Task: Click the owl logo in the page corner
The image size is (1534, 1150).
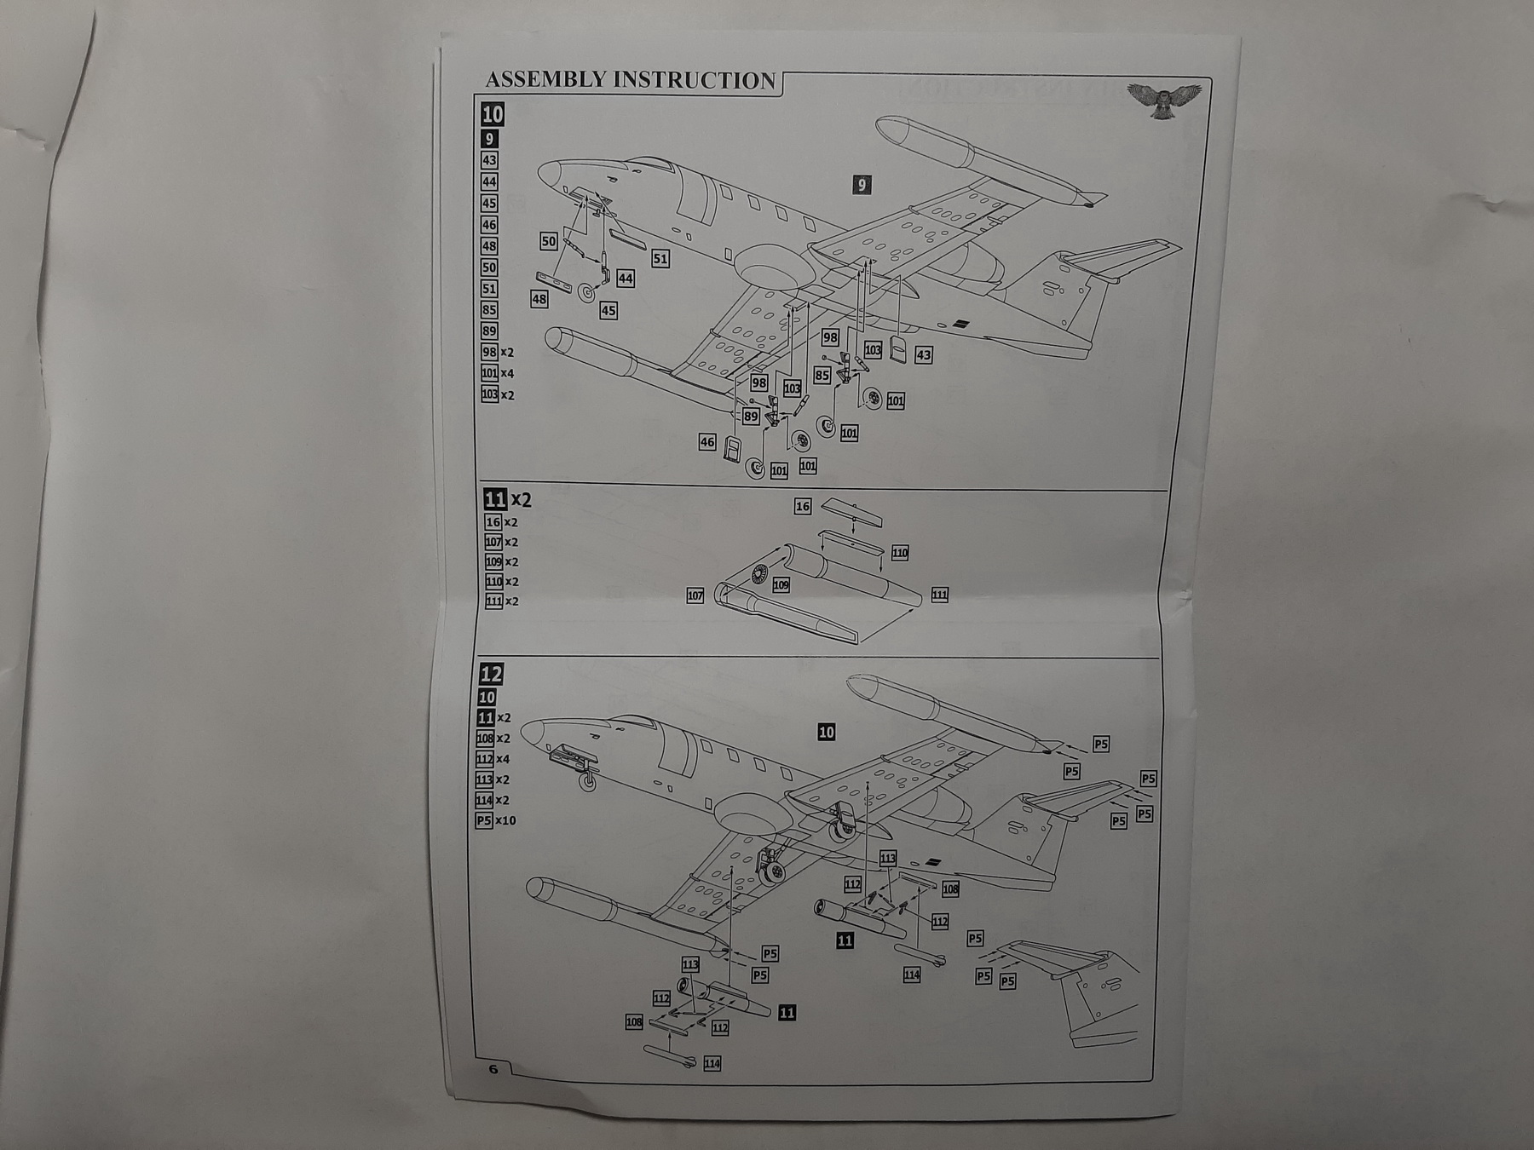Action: point(1163,100)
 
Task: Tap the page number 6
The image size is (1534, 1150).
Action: point(493,1069)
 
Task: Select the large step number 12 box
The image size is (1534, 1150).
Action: point(491,675)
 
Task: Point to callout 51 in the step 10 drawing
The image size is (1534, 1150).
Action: point(660,258)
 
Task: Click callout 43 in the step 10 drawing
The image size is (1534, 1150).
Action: point(923,354)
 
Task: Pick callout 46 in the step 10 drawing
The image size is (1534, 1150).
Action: point(706,441)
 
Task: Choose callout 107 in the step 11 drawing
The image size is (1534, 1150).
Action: point(695,595)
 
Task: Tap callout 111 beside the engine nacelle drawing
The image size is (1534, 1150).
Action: point(939,595)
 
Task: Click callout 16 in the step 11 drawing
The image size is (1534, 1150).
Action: point(802,506)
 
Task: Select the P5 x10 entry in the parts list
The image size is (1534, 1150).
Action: point(495,820)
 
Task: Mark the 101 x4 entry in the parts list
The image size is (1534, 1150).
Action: point(498,373)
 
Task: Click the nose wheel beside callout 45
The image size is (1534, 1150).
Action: point(586,293)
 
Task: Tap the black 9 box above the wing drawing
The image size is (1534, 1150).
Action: point(862,185)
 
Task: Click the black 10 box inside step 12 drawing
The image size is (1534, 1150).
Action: point(826,732)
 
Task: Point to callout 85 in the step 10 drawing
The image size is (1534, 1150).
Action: point(822,375)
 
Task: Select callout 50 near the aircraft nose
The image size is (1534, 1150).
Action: point(549,242)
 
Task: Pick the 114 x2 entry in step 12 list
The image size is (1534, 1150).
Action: point(492,800)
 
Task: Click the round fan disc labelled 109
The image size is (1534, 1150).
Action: point(758,576)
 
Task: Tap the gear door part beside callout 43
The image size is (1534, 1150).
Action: point(896,348)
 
